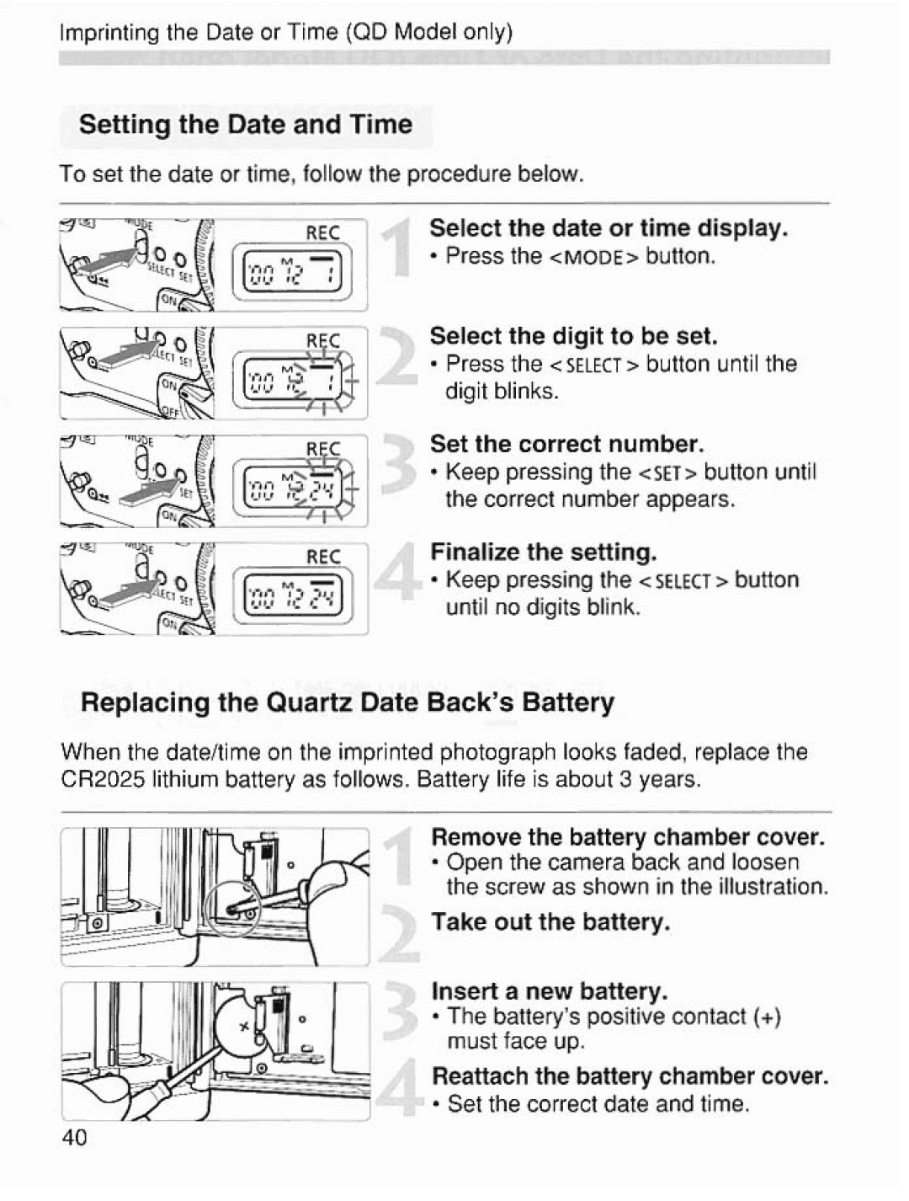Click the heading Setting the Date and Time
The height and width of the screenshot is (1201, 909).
245,125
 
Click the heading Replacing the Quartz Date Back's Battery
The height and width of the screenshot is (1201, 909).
347,702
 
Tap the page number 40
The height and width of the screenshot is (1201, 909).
74,1138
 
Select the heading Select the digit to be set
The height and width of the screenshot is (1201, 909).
573,336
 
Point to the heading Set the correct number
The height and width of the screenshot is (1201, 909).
566,444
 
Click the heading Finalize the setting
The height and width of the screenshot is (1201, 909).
543,552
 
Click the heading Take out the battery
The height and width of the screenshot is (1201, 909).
550,921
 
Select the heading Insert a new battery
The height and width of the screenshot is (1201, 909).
549,990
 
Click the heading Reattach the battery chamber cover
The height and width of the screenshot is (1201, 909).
630,1076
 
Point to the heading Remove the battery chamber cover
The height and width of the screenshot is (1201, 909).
627,837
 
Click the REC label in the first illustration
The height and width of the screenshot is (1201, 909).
322,232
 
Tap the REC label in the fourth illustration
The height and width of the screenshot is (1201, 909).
323,557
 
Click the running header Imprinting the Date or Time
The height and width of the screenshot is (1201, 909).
286,32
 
